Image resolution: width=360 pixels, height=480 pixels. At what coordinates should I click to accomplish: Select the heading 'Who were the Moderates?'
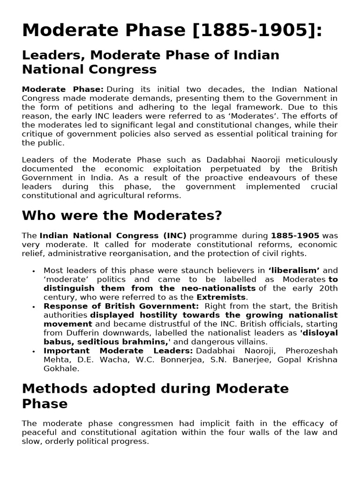tap(122, 216)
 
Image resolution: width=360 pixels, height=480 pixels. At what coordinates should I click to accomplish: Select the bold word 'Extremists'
tap(221, 297)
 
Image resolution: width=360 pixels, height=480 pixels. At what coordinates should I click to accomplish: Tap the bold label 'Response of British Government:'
tap(121, 306)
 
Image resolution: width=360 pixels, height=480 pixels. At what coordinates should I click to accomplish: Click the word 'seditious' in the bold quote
tap(93, 342)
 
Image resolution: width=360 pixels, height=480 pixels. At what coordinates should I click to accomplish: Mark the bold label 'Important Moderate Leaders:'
tap(118, 351)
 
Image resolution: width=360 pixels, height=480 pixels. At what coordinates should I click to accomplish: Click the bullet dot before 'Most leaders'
tap(34, 271)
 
